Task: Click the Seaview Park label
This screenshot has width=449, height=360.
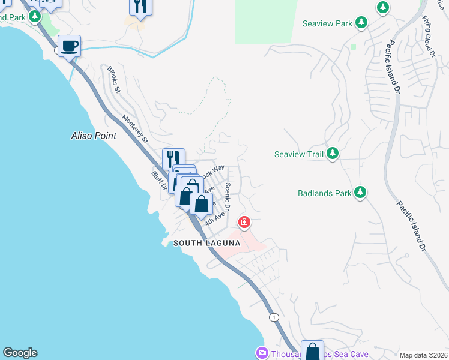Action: (x=327, y=23)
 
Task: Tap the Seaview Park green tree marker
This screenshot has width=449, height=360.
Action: (x=361, y=23)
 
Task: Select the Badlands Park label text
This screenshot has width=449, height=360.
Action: (x=324, y=193)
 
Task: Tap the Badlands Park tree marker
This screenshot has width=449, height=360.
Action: (x=360, y=193)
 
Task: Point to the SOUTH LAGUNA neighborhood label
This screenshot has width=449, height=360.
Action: (x=206, y=243)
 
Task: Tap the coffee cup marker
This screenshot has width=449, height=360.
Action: (x=69, y=46)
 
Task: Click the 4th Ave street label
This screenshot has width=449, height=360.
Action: (x=214, y=218)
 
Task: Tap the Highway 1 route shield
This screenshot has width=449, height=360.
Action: (x=274, y=316)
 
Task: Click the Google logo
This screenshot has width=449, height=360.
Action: (x=20, y=353)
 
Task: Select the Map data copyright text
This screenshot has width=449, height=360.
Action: (x=423, y=355)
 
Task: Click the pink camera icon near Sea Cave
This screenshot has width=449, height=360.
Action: (x=261, y=353)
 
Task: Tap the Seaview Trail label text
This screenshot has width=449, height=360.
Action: (x=299, y=154)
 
